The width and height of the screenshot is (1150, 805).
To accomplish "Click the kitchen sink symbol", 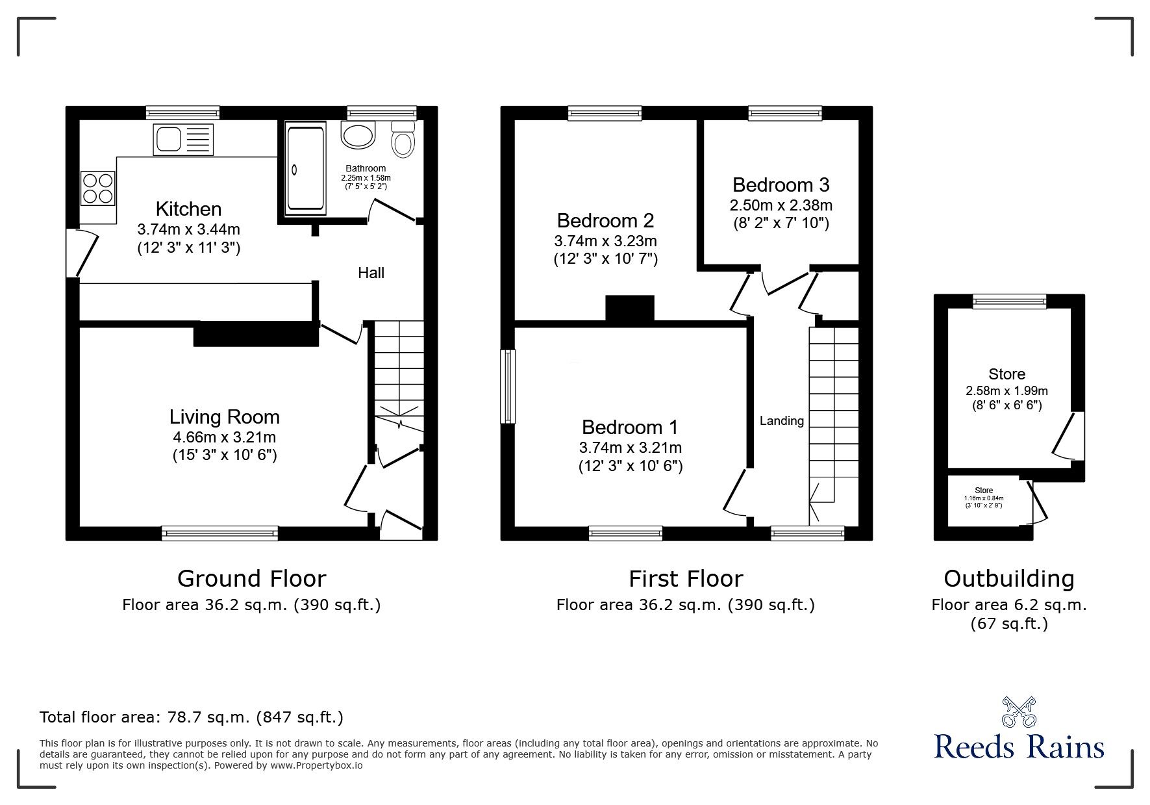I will pos(183,140).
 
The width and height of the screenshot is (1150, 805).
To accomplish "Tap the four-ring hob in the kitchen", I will pos(98,187).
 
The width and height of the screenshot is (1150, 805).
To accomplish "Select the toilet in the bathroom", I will pos(403,139).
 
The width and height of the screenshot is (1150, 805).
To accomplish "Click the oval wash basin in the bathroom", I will pos(358,135).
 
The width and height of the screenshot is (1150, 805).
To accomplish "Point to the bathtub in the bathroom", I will pos(305,169).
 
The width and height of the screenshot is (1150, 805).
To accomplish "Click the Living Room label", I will pos(224,416).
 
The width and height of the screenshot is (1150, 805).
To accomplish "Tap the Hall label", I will pos(371,273).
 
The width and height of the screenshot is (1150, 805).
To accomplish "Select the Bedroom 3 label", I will pos(781,185).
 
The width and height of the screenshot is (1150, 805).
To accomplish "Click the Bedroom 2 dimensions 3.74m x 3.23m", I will pos(605,241).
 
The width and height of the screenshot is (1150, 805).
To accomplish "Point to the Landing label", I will pos(781,421).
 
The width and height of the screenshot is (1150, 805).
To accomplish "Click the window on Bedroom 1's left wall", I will pos(508,387).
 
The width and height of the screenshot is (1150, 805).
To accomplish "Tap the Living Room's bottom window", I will pos(219,533).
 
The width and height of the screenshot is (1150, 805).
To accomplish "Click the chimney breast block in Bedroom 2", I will pos(629,308).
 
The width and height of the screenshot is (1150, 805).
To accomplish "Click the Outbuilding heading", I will pos(1008,578).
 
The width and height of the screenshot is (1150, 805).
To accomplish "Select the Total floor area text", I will pos(192,717).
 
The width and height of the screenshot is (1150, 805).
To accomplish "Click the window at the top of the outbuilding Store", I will pos(1009,301).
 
